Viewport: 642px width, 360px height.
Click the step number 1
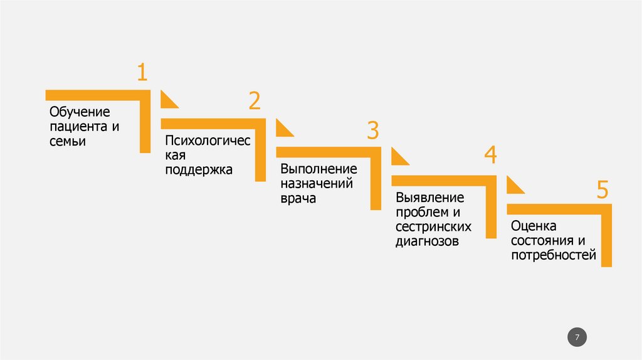point(142,72)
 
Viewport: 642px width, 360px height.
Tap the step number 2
point(254,101)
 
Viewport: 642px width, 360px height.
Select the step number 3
point(373,130)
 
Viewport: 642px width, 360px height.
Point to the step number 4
point(490,154)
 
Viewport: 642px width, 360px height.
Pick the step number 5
point(603,189)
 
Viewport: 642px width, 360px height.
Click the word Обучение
point(80,112)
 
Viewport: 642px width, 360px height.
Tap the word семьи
point(68,142)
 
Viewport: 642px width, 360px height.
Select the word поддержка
point(199,169)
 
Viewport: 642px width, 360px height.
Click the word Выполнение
point(318,170)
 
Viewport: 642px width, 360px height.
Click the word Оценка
point(534,226)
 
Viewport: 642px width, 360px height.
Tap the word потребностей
point(552,255)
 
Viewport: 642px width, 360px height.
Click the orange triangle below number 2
point(283,129)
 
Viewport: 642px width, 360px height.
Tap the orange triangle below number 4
point(513,186)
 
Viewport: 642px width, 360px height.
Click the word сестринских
point(433,226)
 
